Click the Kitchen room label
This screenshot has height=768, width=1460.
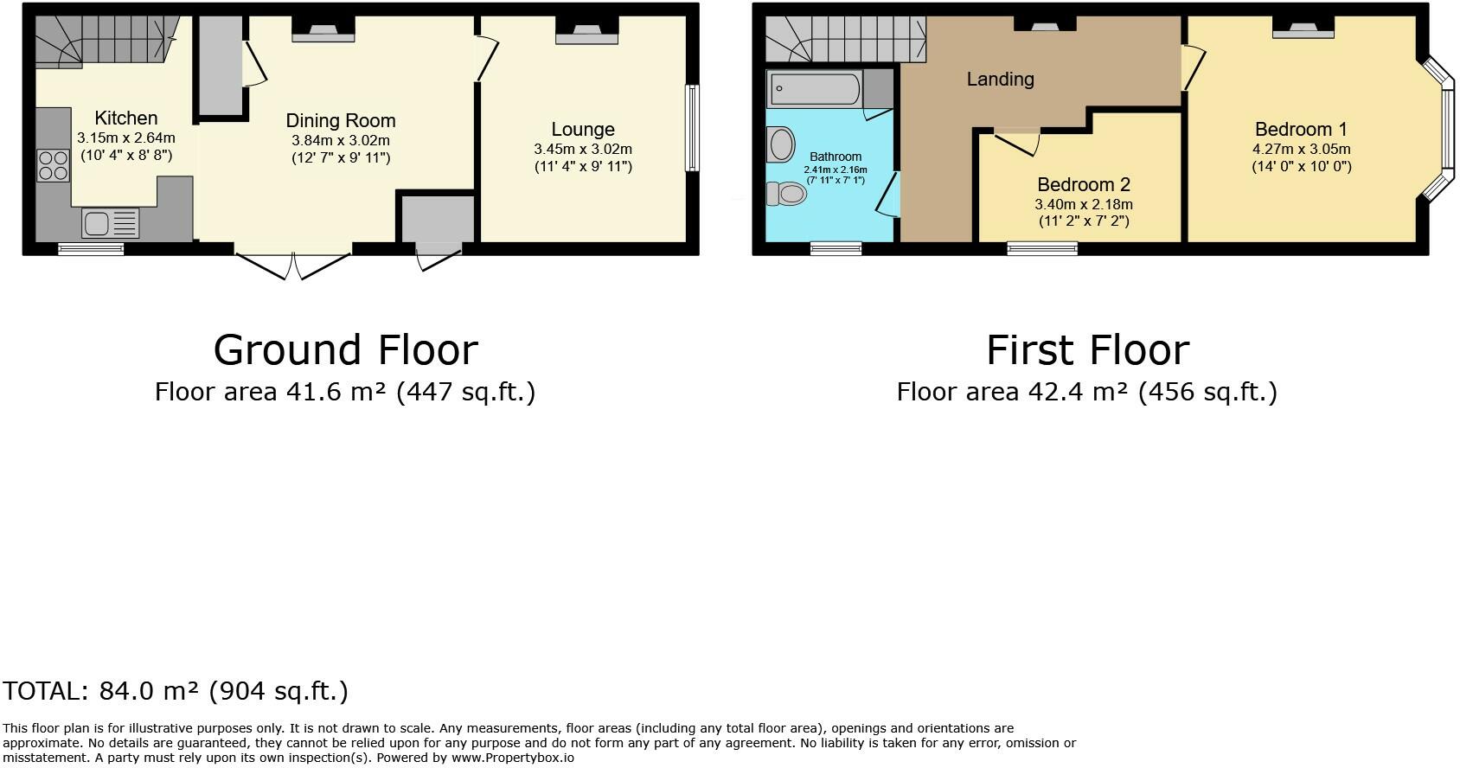pyautogui.click(x=125, y=118)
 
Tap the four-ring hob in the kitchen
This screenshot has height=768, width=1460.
pyautogui.click(x=54, y=165)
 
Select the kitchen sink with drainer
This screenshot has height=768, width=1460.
pyautogui.click(x=111, y=223)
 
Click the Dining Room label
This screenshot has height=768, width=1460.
pyautogui.click(x=341, y=120)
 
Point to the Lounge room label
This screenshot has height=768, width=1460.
pyautogui.click(x=583, y=129)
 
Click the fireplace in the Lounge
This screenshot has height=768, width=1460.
pyautogui.click(x=586, y=31)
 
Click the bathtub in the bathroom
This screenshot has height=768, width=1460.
pyautogui.click(x=815, y=89)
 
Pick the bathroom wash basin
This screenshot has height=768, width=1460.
pyautogui.click(x=780, y=144)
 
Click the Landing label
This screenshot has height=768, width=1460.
pyautogui.click(x=1000, y=80)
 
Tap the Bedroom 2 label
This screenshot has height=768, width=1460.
pyautogui.click(x=1083, y=184)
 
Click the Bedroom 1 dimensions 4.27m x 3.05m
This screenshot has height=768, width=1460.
pyautogui.click(x=1301, y=149)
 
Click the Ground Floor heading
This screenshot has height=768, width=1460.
pyautogui.click(x=345, y=350)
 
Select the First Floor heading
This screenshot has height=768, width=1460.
pyautogui.click(x=1087, y=350)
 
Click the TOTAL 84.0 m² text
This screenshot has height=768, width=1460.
pyautogui.click(x=176, y=691)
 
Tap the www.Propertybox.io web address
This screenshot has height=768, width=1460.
pyautogui.click(x=512, y=758)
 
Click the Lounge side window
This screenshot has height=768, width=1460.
pyautogui.click(x=692, y=128)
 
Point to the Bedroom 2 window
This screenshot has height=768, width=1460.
pyautogui.click(x=1042, y=248)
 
